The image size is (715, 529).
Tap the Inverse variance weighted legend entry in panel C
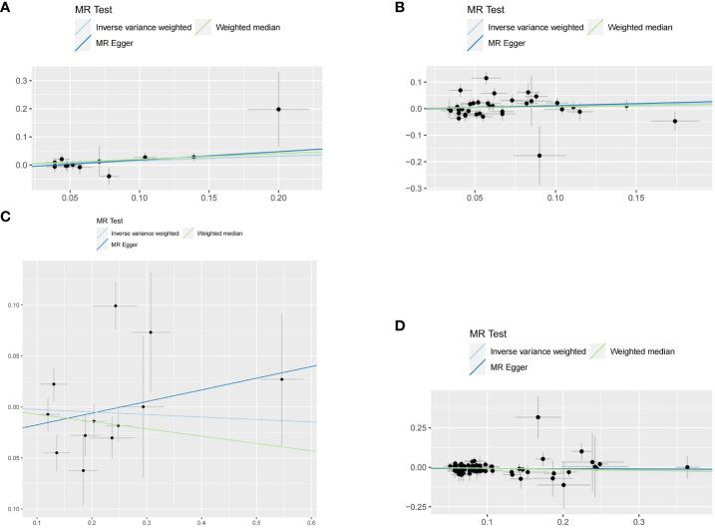[x=137, y=233]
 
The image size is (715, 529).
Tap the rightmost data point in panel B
[x=675, y=121]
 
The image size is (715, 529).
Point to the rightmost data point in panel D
[x=686, y=466]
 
